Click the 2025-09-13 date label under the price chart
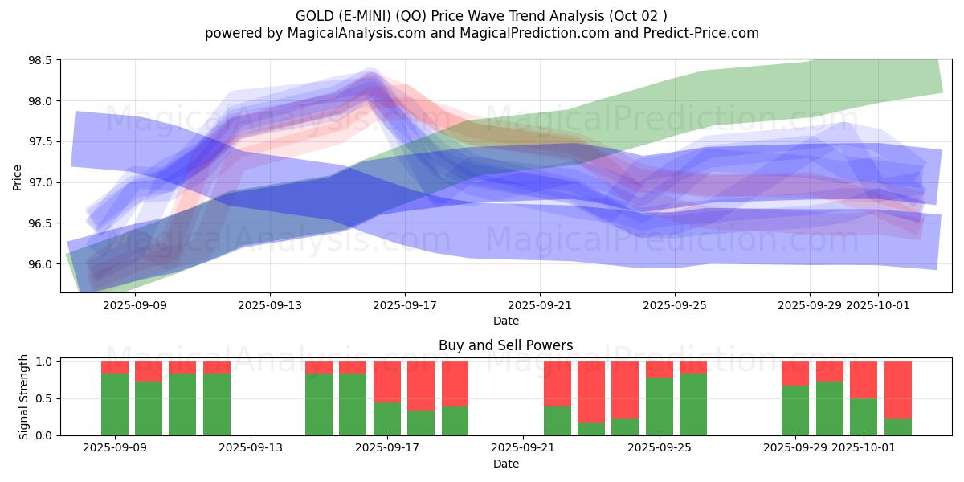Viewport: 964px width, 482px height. coord(270,305)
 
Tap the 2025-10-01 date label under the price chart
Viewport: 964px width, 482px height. coord(877,305)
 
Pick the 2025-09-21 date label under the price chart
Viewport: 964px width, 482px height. coord(540,305)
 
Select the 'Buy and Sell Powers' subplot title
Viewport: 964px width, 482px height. coord(505,346)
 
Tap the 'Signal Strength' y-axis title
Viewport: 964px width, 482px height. coord(24,397)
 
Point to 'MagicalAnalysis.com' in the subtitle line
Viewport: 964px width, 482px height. coord(350,33)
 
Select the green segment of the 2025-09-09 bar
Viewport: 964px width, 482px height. coord(115,404)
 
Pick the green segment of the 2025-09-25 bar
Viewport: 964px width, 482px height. coord(660,406)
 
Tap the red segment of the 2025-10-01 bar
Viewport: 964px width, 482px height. coord(864,379)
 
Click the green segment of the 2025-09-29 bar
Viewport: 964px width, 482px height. coord(795,411)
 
